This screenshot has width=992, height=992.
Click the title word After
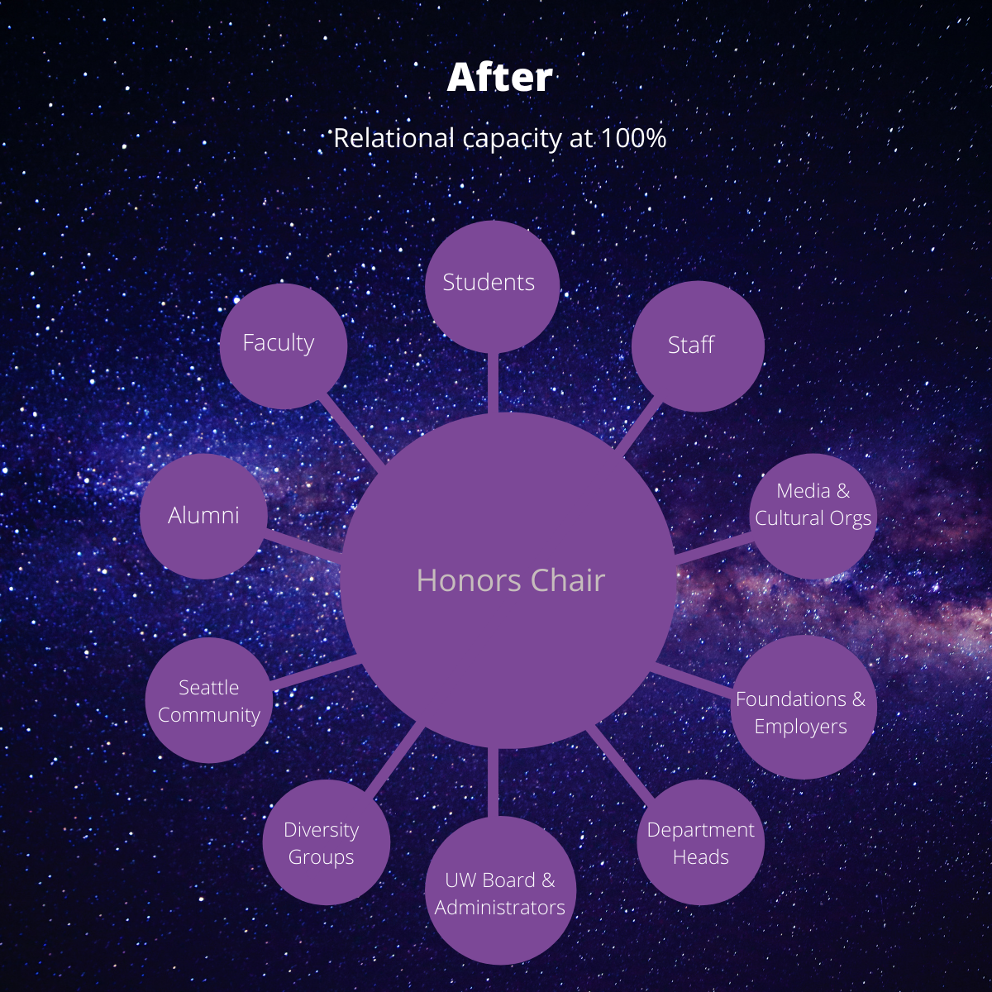(x=499, y=78)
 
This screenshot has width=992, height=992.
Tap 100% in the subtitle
(x=633, y=139)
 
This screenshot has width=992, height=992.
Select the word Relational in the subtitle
(x=393, y=139)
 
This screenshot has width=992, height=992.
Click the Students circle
(x=492, y=287)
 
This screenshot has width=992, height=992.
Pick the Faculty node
(x=284, y=346)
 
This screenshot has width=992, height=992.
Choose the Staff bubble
(x=698, y=346)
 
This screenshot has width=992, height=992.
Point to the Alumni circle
(x=204, y=516)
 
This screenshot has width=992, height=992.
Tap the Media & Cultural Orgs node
(x=813, y=516)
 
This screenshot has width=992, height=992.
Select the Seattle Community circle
(x=209, y=700)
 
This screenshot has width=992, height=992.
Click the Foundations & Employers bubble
(x=803, y=707)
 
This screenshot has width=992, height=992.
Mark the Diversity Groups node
(x=327, y=842)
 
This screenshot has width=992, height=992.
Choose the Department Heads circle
(x=701, y=842)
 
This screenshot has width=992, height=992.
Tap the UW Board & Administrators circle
(x=500, y=890)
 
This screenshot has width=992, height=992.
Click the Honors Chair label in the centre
(x=510, y=580)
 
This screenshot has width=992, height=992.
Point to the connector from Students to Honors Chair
(x=493, y=383)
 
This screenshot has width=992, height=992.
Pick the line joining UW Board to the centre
(x=493, y=783)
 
